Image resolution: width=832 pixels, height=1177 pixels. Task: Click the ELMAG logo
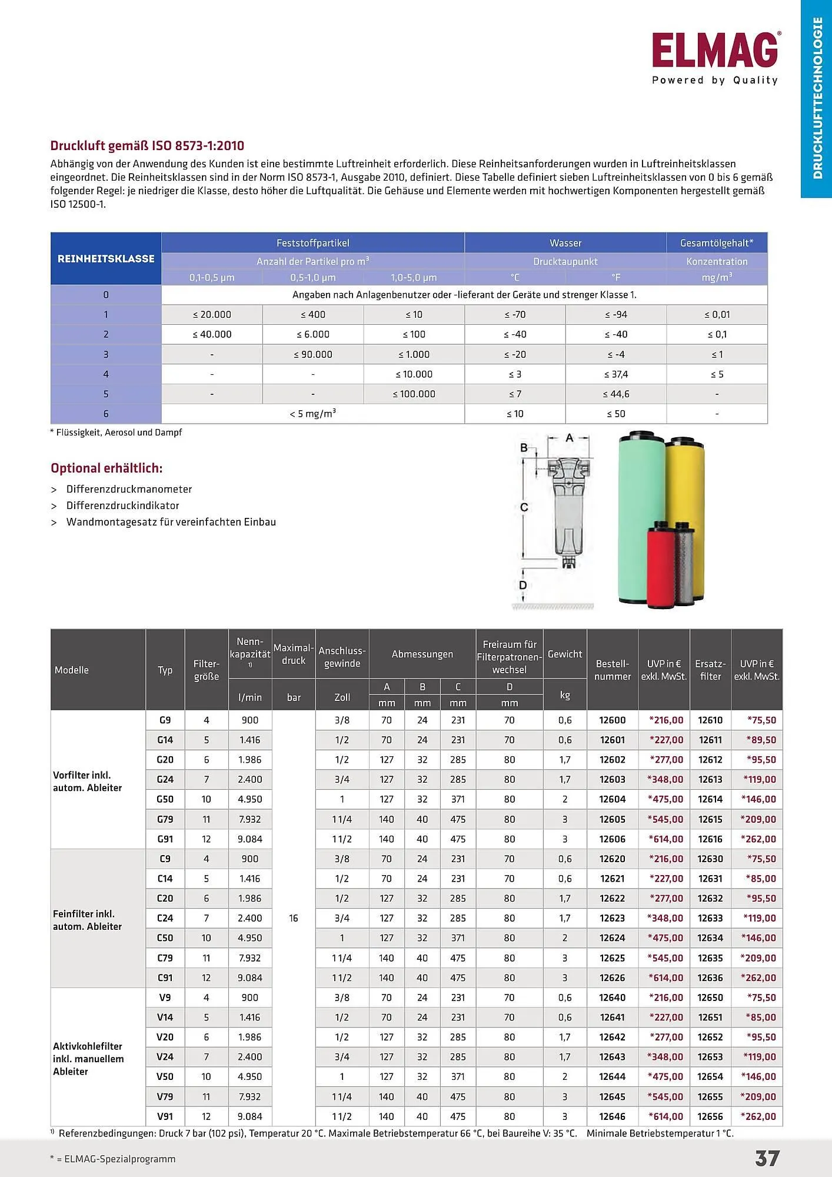(715, 51)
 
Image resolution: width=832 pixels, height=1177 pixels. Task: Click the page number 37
(767, 1158)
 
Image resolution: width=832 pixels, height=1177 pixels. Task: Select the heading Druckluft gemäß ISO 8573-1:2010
(147, 145)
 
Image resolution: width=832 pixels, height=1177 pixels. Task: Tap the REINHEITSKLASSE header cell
(106, 259)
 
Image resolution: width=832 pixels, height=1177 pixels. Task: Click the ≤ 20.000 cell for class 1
(212, 315)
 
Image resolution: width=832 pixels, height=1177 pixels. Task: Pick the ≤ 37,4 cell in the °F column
(615, 374)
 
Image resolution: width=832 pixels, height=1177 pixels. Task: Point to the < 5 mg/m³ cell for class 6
(312, 414)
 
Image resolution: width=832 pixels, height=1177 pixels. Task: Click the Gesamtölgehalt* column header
(716, 243)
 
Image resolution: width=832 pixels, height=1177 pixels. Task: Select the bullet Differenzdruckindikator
(122, 506)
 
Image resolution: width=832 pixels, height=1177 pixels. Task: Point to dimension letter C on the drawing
(524, 507)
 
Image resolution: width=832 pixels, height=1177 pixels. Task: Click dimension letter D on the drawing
(523, 585)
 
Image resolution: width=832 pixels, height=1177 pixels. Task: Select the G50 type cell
(165, 799)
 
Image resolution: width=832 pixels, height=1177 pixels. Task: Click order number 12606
(612, 839)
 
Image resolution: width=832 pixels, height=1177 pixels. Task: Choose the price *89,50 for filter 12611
(761, 740)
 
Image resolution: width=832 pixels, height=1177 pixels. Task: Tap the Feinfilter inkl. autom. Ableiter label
(87, 920)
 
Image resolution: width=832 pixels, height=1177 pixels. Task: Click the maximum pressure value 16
(294, 918)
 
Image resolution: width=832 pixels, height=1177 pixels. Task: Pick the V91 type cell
(165, 1116)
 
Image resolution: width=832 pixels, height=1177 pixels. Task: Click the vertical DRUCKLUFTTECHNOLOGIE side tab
(817, 98)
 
